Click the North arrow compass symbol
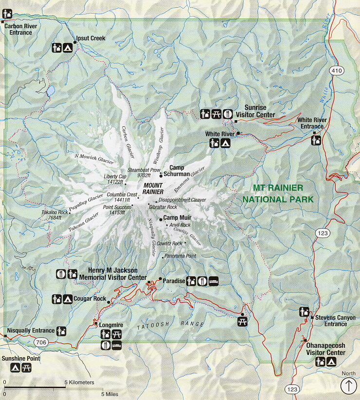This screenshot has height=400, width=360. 348,386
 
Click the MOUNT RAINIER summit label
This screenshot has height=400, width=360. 153,189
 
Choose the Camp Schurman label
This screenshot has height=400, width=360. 180,171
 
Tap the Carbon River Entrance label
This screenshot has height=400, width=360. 18,30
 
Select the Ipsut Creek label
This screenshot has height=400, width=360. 90,38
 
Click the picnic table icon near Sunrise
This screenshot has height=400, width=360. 216,114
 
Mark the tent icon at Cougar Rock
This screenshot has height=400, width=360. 67,299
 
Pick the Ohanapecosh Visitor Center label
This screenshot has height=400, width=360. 325,348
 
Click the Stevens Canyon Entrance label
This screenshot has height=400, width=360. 336,321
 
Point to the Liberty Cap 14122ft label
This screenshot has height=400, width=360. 114,179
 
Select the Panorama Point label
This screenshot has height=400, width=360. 180,256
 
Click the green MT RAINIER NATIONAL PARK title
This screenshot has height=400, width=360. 278,193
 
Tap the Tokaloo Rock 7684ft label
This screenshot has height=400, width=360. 54,215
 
